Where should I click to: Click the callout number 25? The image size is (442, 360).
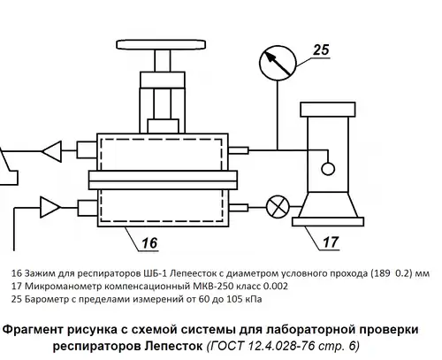321,50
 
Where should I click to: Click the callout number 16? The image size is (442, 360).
149,243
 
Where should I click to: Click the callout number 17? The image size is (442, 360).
331,242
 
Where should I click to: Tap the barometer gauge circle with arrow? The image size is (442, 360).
278,63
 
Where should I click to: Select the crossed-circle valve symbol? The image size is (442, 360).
278,207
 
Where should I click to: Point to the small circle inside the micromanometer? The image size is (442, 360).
328,169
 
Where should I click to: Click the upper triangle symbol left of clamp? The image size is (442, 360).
52,151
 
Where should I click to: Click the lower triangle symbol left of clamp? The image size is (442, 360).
50,207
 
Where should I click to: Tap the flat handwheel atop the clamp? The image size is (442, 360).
161,44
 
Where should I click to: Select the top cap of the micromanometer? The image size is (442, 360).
328,110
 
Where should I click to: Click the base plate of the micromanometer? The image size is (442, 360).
328,221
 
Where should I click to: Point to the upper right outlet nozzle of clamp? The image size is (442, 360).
239,150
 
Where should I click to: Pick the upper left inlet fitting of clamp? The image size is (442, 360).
87,150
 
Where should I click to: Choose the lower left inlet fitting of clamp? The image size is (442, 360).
88,208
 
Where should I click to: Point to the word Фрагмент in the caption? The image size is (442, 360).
34,330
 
